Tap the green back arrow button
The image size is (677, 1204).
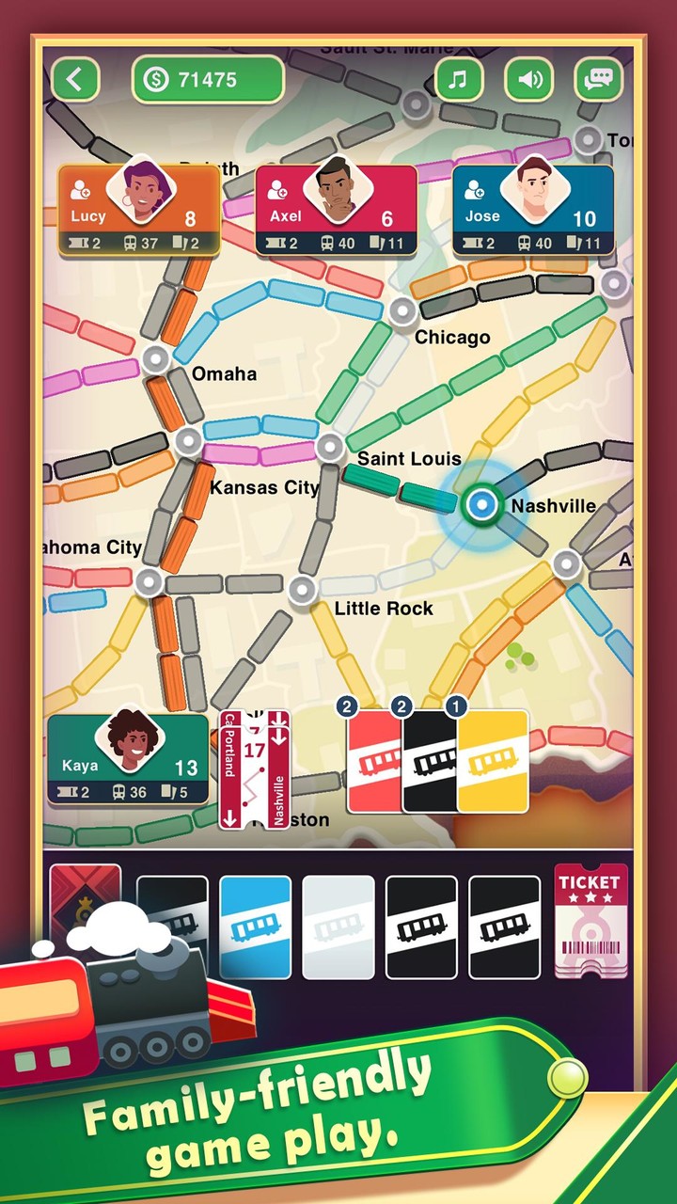(75, 80)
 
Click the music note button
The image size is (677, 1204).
(458, 80)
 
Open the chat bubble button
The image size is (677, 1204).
(599, 80)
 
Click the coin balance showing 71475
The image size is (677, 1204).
(208, 80)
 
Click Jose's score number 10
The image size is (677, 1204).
(584, 219)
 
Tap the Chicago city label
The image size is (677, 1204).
(452, 337)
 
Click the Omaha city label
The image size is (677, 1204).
(224, 374)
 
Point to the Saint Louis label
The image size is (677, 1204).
(409, 459)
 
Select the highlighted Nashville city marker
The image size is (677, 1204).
(482, 505)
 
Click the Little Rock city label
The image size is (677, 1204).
(384, 609)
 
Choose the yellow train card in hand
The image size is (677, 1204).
(493, 761)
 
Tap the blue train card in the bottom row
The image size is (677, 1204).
(255, 927)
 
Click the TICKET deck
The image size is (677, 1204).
(590, 920)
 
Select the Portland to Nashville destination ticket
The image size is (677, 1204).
(254, 769)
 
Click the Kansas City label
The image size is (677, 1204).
(263, 487)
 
